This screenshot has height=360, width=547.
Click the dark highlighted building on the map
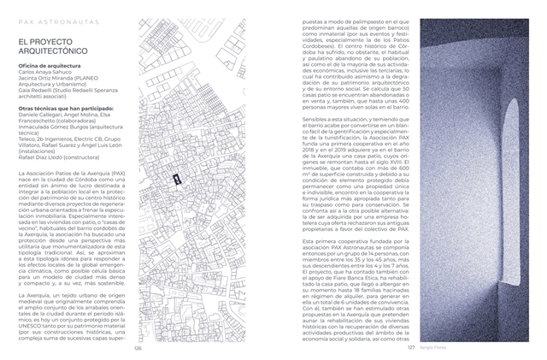click(x=175, y=179)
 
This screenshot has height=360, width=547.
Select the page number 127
click(x=410, y=348)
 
